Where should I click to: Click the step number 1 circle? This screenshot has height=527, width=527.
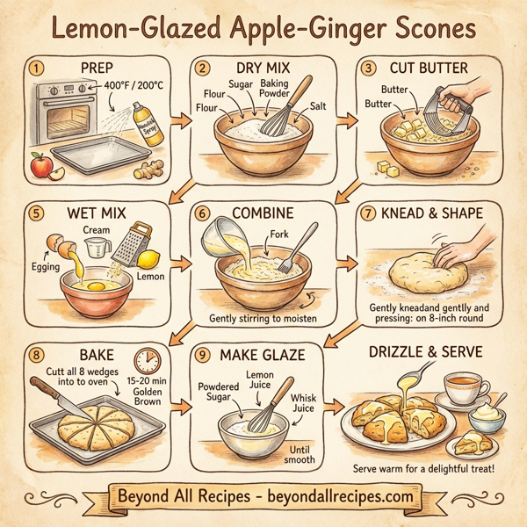36,67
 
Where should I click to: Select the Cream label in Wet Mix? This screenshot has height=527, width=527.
95,228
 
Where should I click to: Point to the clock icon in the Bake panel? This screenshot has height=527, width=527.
145,360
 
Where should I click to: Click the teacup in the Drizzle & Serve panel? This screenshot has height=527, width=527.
460,388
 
